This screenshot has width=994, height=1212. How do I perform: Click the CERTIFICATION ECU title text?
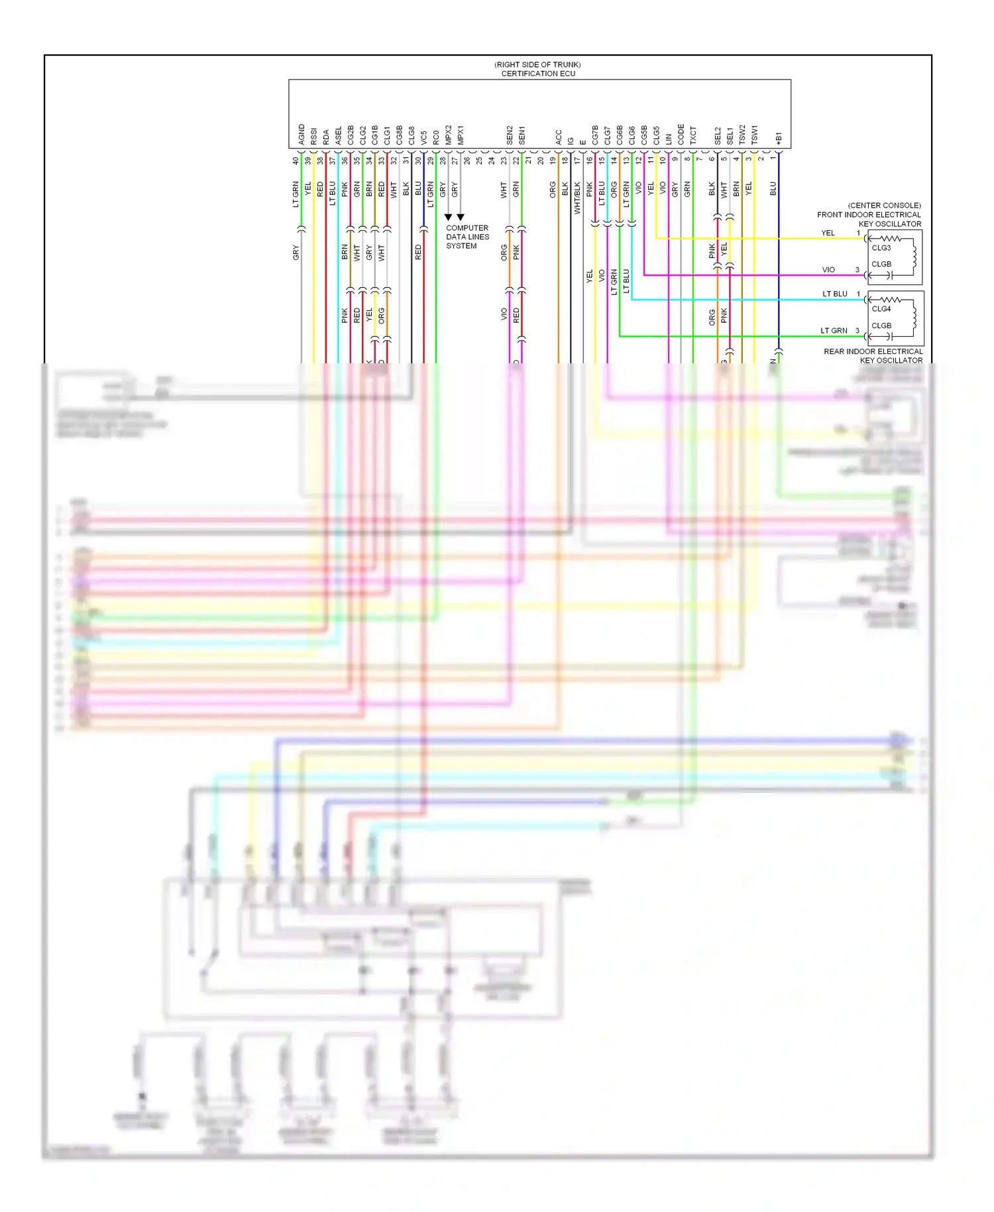(538, 74)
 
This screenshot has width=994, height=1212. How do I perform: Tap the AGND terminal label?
(302, 135)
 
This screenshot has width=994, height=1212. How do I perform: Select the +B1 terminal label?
(779, 138)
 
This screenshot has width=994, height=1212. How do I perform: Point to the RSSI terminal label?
(313, 136)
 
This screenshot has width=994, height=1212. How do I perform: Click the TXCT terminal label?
(693, 135)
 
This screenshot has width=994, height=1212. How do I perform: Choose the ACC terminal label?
(558, 137)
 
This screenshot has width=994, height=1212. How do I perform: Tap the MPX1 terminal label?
(461, 135)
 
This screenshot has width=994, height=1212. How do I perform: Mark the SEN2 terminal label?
(510, 135)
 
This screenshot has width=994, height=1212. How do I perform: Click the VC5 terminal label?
(423, 137)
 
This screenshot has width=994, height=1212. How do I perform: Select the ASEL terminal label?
(338, 136)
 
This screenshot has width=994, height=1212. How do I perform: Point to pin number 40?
(296, 160)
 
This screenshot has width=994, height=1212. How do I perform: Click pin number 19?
(553, 160)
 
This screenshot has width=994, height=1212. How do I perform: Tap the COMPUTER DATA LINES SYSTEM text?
(467, 237)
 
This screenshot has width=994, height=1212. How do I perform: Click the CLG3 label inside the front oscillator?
(881, 248)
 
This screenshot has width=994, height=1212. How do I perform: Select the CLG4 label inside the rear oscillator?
(881, 309)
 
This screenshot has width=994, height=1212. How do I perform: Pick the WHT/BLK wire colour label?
(577, 198)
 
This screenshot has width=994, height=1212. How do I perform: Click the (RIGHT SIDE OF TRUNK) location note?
(537, 64)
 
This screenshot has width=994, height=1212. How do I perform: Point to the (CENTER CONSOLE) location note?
(884, 206)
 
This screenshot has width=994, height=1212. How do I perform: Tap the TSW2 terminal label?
(742, 135)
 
